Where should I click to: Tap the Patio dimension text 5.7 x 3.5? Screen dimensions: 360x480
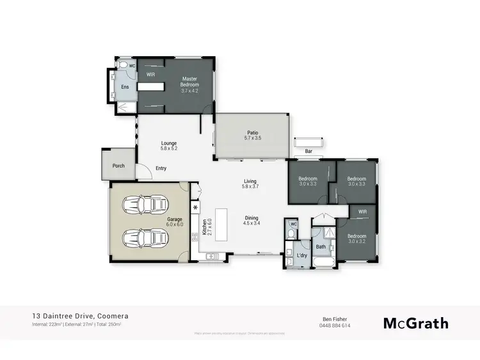coord(253,138)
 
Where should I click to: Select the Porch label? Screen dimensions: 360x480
coord(118,166)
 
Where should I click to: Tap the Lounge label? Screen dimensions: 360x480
coord(168,143)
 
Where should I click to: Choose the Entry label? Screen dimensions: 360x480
coord(161,168)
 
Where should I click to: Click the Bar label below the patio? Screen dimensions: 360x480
coord(308,152)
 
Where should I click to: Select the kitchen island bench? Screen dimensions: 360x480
coord(221,224)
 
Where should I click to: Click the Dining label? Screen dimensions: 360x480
coord(250,217)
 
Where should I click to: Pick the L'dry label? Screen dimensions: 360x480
coord(302,256)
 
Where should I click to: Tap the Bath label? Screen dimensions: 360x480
coord(321,246)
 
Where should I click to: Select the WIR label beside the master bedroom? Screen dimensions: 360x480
coord(150,75)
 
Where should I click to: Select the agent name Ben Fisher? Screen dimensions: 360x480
coord(337,318)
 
